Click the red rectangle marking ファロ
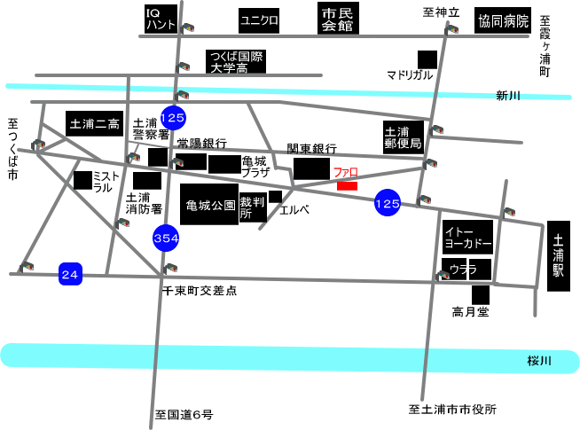tap(347, 186)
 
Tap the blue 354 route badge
tap(166, 238)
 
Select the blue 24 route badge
tap(70, 274)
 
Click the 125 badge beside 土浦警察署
tap(173, 118)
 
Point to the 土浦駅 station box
tap(559, 256)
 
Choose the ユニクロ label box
tap(259, 20)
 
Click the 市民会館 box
tap(338, 19)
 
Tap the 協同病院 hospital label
tap(503, 20)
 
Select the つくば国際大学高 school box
tap(236, 61)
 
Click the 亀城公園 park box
tap(209, 204)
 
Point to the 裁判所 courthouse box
tap(253, 207)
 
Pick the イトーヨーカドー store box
tap(467, 237)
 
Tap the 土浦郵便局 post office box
tap(404, 137)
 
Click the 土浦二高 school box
tap(94, 123)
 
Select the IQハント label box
tap(161, 19)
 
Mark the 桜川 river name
tap(539, 361)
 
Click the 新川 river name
tap(508, 96)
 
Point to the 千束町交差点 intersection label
tap(200, 291)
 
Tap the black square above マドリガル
tap(427, 60)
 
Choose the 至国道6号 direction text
tap(184, 414)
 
